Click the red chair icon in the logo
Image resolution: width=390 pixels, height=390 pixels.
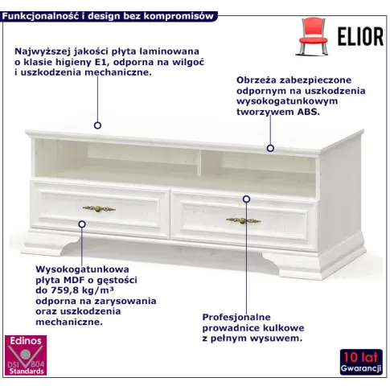(313, 36)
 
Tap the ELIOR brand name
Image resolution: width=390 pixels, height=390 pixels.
(360, 37)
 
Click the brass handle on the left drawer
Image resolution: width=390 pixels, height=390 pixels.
(99, 209)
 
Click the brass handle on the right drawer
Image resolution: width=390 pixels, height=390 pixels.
(244, 221)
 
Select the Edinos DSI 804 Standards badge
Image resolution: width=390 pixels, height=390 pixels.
(26, 355)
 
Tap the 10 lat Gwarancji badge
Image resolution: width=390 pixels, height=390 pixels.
(361, 362)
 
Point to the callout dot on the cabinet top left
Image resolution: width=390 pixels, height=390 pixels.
(97, 125)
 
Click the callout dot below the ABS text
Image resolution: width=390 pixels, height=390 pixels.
(270, 148)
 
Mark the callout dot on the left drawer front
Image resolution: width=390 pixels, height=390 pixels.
(82, 224)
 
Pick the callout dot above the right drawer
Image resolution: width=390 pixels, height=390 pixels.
(246, 199)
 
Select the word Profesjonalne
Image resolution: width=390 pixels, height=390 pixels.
(236, 318)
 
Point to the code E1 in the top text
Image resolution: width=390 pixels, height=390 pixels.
(98, 62)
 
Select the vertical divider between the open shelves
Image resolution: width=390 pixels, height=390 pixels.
(199, 163)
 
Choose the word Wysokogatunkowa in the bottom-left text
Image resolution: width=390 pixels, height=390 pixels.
(82, 269)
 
